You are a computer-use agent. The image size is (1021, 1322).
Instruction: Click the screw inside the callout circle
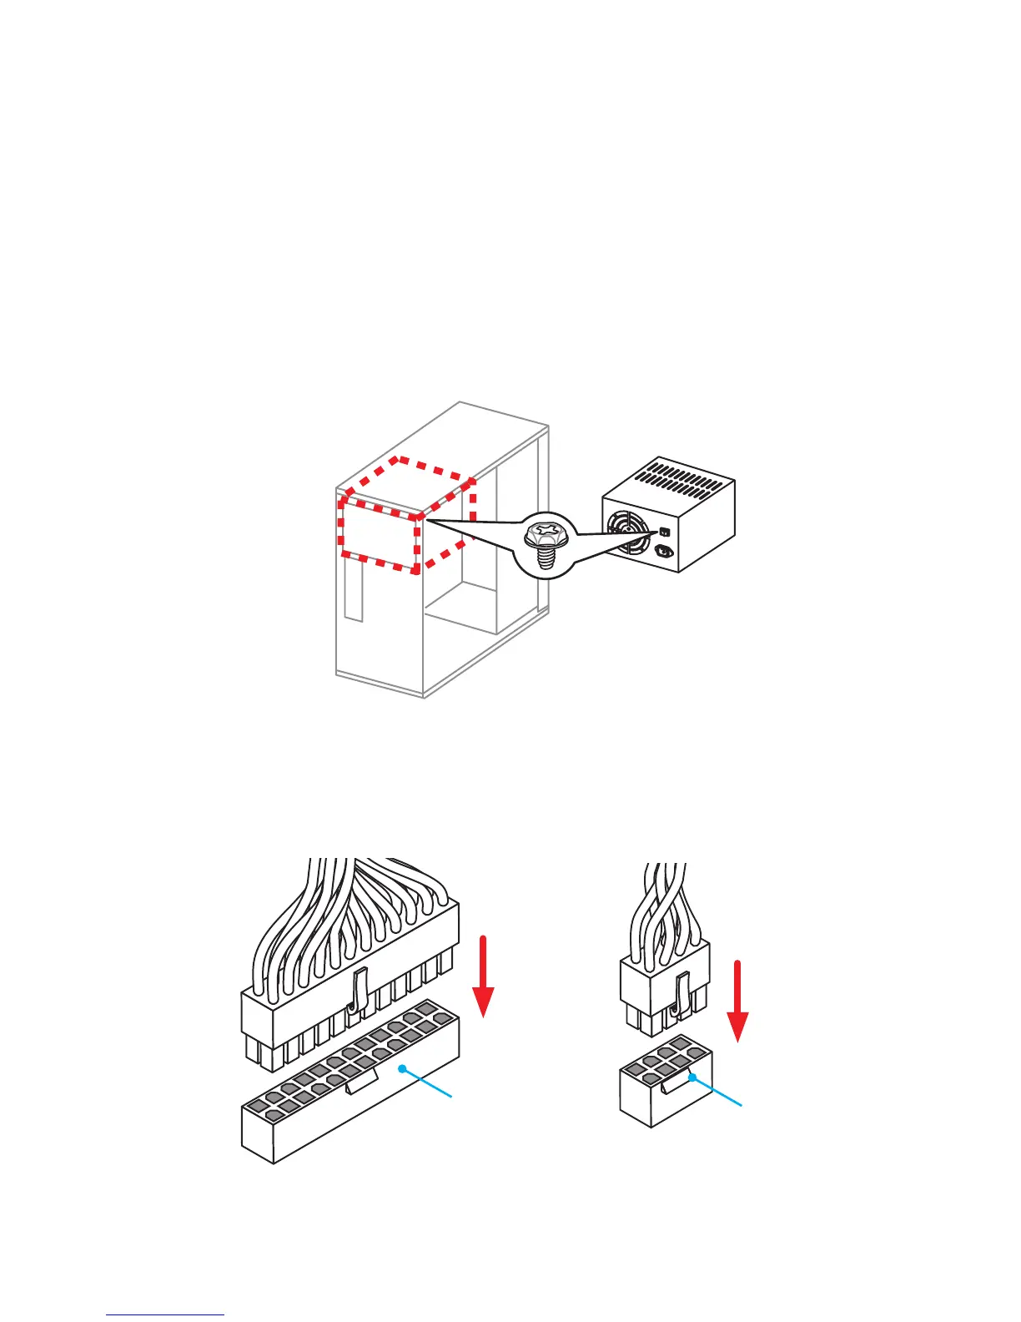tap(546, 543)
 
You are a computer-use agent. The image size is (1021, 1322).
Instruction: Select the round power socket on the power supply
tap(665, 550)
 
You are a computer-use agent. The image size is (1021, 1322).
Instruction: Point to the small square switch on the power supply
tap(664, 531)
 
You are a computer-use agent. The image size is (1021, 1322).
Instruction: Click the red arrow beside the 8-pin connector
tap(737, 1002)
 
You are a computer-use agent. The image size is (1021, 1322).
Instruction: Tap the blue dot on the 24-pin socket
tap(402, 1068)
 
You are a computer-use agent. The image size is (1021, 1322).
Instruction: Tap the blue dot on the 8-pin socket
tap(692, 1077)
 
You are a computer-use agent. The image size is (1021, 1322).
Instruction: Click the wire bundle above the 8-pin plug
tap(665, 901)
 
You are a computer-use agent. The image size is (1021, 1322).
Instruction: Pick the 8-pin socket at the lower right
tap(665, 1093)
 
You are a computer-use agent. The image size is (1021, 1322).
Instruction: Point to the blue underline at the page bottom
tap(165, 1315)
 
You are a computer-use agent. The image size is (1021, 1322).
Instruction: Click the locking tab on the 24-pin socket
tap(360, 1082)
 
